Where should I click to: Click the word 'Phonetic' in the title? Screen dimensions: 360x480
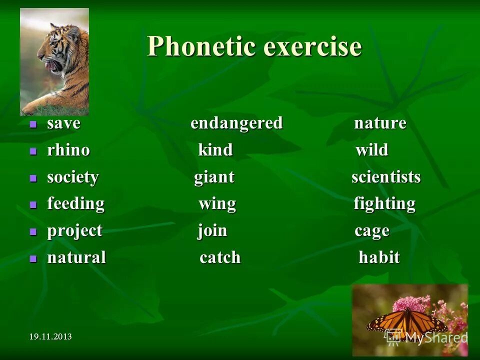[x=201, y=47]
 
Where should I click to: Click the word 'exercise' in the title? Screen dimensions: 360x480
[x=312, y=47]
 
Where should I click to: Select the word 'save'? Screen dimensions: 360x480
[x=63, y=123]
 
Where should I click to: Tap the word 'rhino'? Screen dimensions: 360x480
[x=68, y=150]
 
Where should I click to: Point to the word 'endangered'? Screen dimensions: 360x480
[x=236, y=123]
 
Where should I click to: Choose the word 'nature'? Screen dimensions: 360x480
[x=380, y=123]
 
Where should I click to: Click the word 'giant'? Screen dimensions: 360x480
[x=214, y=177]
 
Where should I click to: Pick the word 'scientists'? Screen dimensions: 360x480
[x=386, y=177]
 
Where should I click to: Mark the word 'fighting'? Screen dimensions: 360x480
[x=384, y=204]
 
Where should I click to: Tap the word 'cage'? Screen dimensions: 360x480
[x=371, y=231]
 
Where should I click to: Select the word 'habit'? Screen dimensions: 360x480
[x=379, y=257]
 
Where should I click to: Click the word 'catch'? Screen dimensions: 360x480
[x=220, y=257]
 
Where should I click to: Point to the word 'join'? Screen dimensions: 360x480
[x=212, y=231]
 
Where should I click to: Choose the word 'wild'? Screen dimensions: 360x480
[x=371, y=150]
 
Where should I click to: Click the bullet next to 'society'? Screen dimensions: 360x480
[x=33, y=177]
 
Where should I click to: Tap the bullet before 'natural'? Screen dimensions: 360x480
[x=33, y=258]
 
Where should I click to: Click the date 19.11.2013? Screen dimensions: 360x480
[x=50, y=336]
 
